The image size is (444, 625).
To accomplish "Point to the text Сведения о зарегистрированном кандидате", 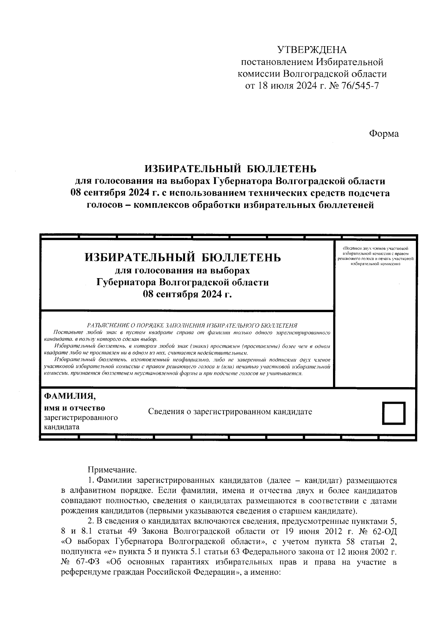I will [x=230, y=411].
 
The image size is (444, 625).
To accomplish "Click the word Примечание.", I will [x=112, y=470].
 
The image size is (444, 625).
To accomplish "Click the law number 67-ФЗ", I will [x=87, y=563].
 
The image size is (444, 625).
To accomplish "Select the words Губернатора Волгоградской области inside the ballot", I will [x=182, y=283].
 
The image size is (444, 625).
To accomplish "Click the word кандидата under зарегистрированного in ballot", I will [x=61, y=427].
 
